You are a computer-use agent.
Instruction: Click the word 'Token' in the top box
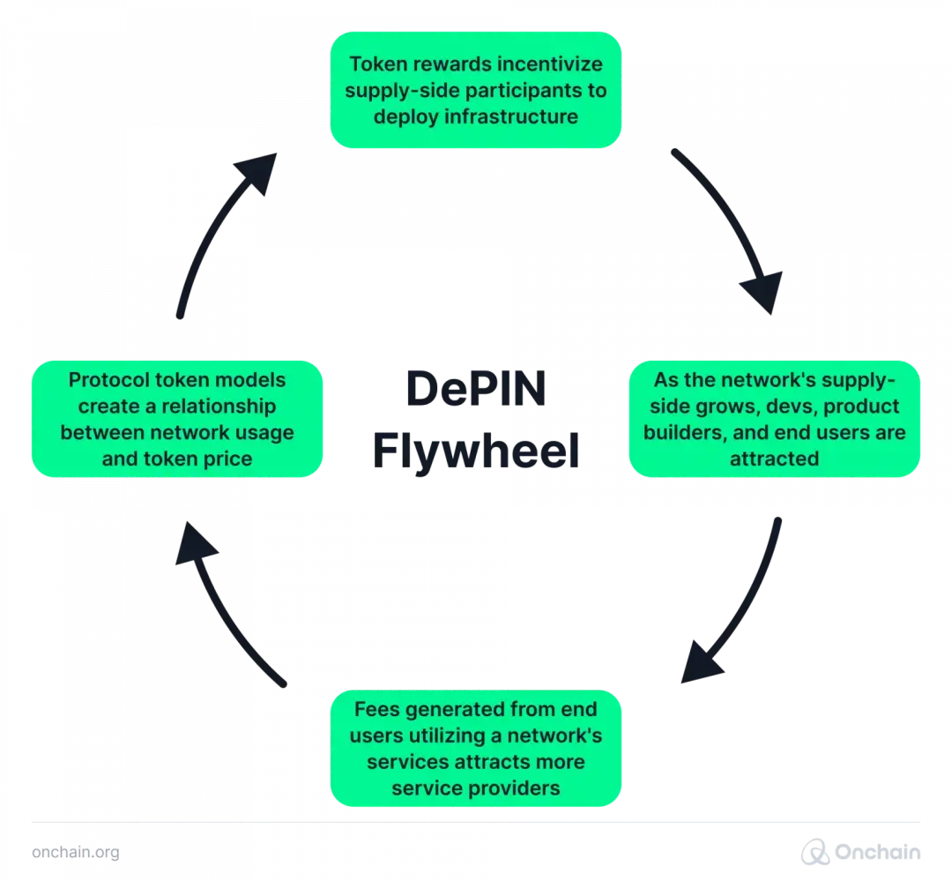click(x=376, y=64)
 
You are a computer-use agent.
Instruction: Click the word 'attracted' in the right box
click(x=774, y=459)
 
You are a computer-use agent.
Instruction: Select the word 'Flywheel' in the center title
click(x=475, y=451)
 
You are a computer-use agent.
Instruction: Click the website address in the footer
click(x=75, y=853)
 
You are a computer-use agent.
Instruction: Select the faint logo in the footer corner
click(x=859, y=852)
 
